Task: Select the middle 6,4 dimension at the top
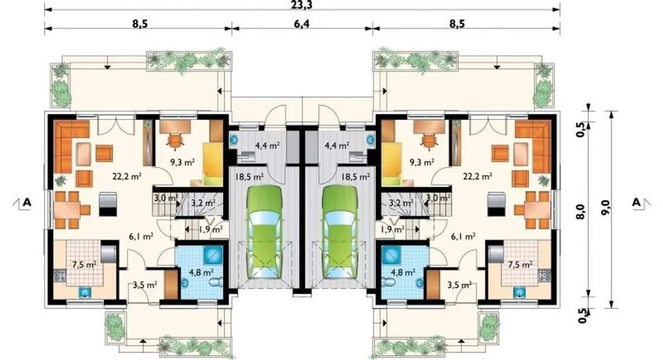tap(302, 23)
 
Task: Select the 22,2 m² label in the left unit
tap(127, 176)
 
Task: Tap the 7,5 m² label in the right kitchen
tap(520, 265)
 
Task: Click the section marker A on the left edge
tap(27, 202)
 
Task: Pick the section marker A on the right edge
tap(636, 202)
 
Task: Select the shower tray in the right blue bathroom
tap(391, 255)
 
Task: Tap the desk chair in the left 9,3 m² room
tap(175, 141)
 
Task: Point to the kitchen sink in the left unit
tap(86, 292)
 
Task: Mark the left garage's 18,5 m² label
tap(249, 176)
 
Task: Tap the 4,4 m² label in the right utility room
tap(337, 146)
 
